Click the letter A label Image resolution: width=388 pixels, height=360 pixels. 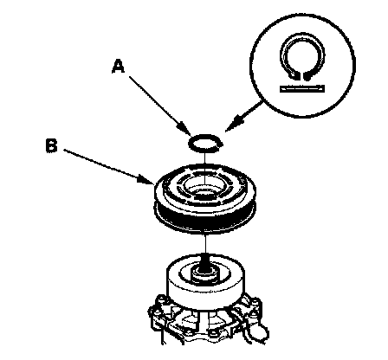[118, 66]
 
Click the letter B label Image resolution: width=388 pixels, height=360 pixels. [52, 145]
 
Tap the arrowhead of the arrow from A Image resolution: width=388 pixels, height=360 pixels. [185, 129]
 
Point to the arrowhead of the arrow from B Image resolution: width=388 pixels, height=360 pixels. [146, 179]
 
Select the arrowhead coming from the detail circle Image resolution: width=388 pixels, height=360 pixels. [233, 123]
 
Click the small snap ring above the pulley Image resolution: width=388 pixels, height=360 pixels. [205, 143]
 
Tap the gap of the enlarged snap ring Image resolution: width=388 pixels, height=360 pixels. [301, 76]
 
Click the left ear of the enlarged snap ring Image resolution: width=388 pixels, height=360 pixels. [294, 75]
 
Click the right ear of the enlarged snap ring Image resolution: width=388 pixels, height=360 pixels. [308, 75]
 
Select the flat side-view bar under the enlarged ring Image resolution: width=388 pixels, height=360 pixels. [302, 88]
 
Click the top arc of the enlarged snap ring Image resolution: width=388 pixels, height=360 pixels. [302, 36]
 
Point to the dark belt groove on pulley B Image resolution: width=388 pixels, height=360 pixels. [205, 215]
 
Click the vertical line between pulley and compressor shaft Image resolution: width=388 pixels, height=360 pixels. [205, 244]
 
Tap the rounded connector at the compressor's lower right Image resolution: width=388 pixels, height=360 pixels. [261, 331]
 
